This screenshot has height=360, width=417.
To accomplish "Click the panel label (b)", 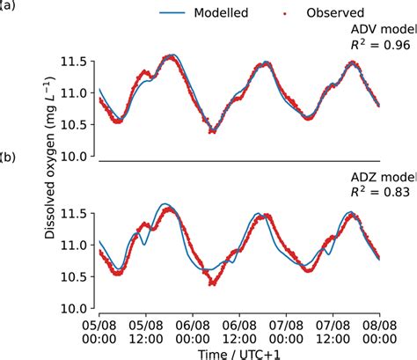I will click(6, 158).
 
